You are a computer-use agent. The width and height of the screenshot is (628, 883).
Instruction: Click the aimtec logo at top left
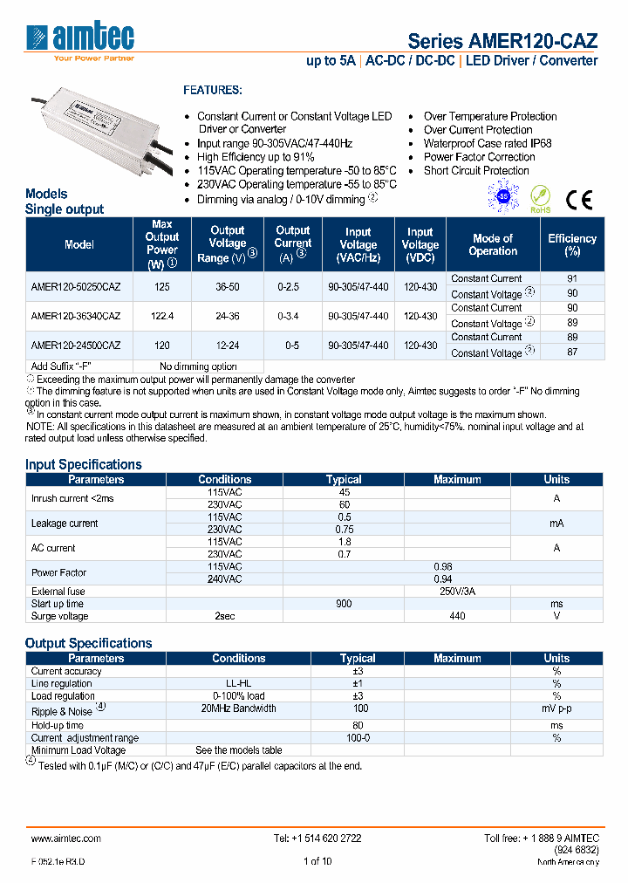point(80,40)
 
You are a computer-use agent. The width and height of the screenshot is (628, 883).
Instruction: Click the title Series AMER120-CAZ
point(502,41)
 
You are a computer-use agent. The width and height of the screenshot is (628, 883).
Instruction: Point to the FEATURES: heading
point(212,90)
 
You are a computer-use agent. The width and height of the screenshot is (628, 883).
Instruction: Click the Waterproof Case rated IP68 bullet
point(487,143)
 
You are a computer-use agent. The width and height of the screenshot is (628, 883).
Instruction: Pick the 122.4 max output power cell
point(162,315)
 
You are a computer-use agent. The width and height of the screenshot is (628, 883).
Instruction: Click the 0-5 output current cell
point(292,345)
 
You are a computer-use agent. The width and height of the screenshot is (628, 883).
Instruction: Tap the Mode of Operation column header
point(493,244)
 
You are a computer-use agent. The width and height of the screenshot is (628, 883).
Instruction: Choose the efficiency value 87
point(572,353)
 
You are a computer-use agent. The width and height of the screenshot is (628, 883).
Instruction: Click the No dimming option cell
point(198,366)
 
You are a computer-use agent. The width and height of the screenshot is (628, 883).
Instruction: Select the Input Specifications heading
point(83,464)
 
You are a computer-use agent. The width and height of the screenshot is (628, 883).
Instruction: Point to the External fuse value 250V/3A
point(457,591)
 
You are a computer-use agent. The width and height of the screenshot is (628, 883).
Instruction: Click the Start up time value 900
point(344,604)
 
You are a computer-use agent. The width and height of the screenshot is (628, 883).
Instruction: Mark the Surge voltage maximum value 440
point(457,616)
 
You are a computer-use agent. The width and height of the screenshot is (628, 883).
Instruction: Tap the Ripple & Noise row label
point(62,710)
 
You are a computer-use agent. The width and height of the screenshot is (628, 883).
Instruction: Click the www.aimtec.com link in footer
point(65,838)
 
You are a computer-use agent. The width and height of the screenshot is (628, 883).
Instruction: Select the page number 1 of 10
point(317,861)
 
